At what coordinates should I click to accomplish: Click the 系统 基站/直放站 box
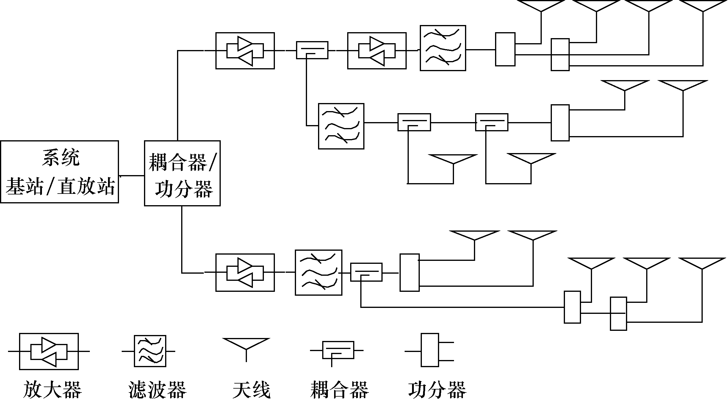pyautogui.click(x=60, y=172)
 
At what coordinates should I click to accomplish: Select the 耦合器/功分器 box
pyautogui.click(x=182, y=173)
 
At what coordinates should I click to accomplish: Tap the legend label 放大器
pyautogui.click(x=52, y=389)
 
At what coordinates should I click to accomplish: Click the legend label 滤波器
pyautogui.click(x=157, y=389)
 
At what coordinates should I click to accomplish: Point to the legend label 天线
pyautogui.click(x=251, y=389)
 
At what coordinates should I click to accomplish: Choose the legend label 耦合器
pyautogui.click(x=339, y=389)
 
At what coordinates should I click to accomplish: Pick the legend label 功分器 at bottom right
pyautogui.click(x=437, y=389)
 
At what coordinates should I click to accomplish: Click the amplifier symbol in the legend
pyautogui.click(x=49, y=351)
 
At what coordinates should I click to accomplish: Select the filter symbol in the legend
pyautogui.click(x=150, y=351)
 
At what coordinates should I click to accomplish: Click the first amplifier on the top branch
pyautogui.click(x=245, y=51)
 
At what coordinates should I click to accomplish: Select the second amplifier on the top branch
pyautogui.click(x=377, y=51)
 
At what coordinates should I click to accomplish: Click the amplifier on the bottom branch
pyautogui.click(x=245, y=272)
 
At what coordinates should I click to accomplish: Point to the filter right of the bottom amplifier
pyautogui.click(x=318, y=272)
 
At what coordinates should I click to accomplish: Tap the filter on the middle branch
pyautogui.click(x=341, y=126)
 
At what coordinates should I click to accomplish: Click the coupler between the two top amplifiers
pyautogui.click(x=312, y=50)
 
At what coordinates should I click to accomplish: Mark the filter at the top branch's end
pyautogui.click(x=443, y=48)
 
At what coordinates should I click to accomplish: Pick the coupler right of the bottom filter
pyautogui.click(x=366, y=272)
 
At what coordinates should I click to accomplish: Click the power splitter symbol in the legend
pyautogui.click(x=430, y=350)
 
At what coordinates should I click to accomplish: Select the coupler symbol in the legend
pyautogui.click(x=338, y=350)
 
